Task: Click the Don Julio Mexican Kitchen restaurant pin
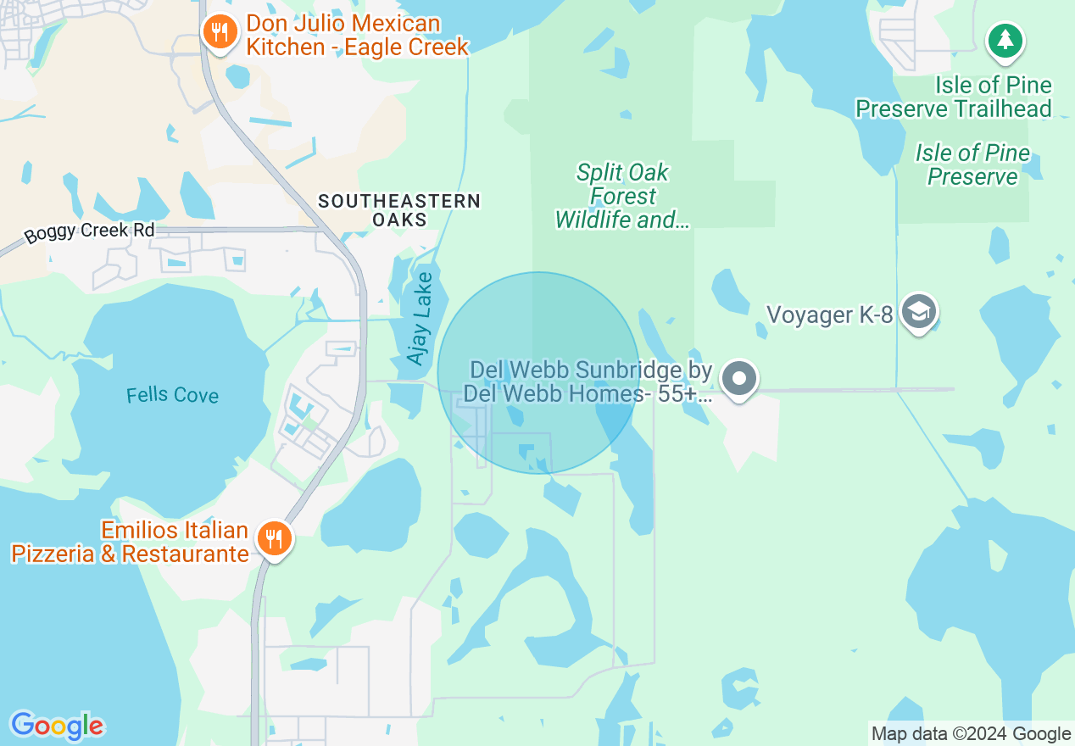[220, 33]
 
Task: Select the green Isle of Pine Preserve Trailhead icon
[1005, 40]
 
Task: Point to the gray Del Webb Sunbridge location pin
[739, 378]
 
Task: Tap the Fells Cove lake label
[172, 395]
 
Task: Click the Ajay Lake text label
[421, 319]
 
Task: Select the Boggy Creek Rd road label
[89, 231]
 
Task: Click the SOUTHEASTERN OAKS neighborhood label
[399, 210]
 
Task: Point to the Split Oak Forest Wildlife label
[622, 197]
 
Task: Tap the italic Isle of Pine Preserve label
[972, 165]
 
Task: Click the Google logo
[57, 726]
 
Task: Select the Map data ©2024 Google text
[972, 734]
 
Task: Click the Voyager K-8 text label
[829, 315]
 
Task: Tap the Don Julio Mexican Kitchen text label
[356, 35]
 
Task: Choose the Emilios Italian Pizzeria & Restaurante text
[131, 543]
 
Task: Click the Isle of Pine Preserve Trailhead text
[954, 97]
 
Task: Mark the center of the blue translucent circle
[538, 373]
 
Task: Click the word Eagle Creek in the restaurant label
[405, 47]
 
